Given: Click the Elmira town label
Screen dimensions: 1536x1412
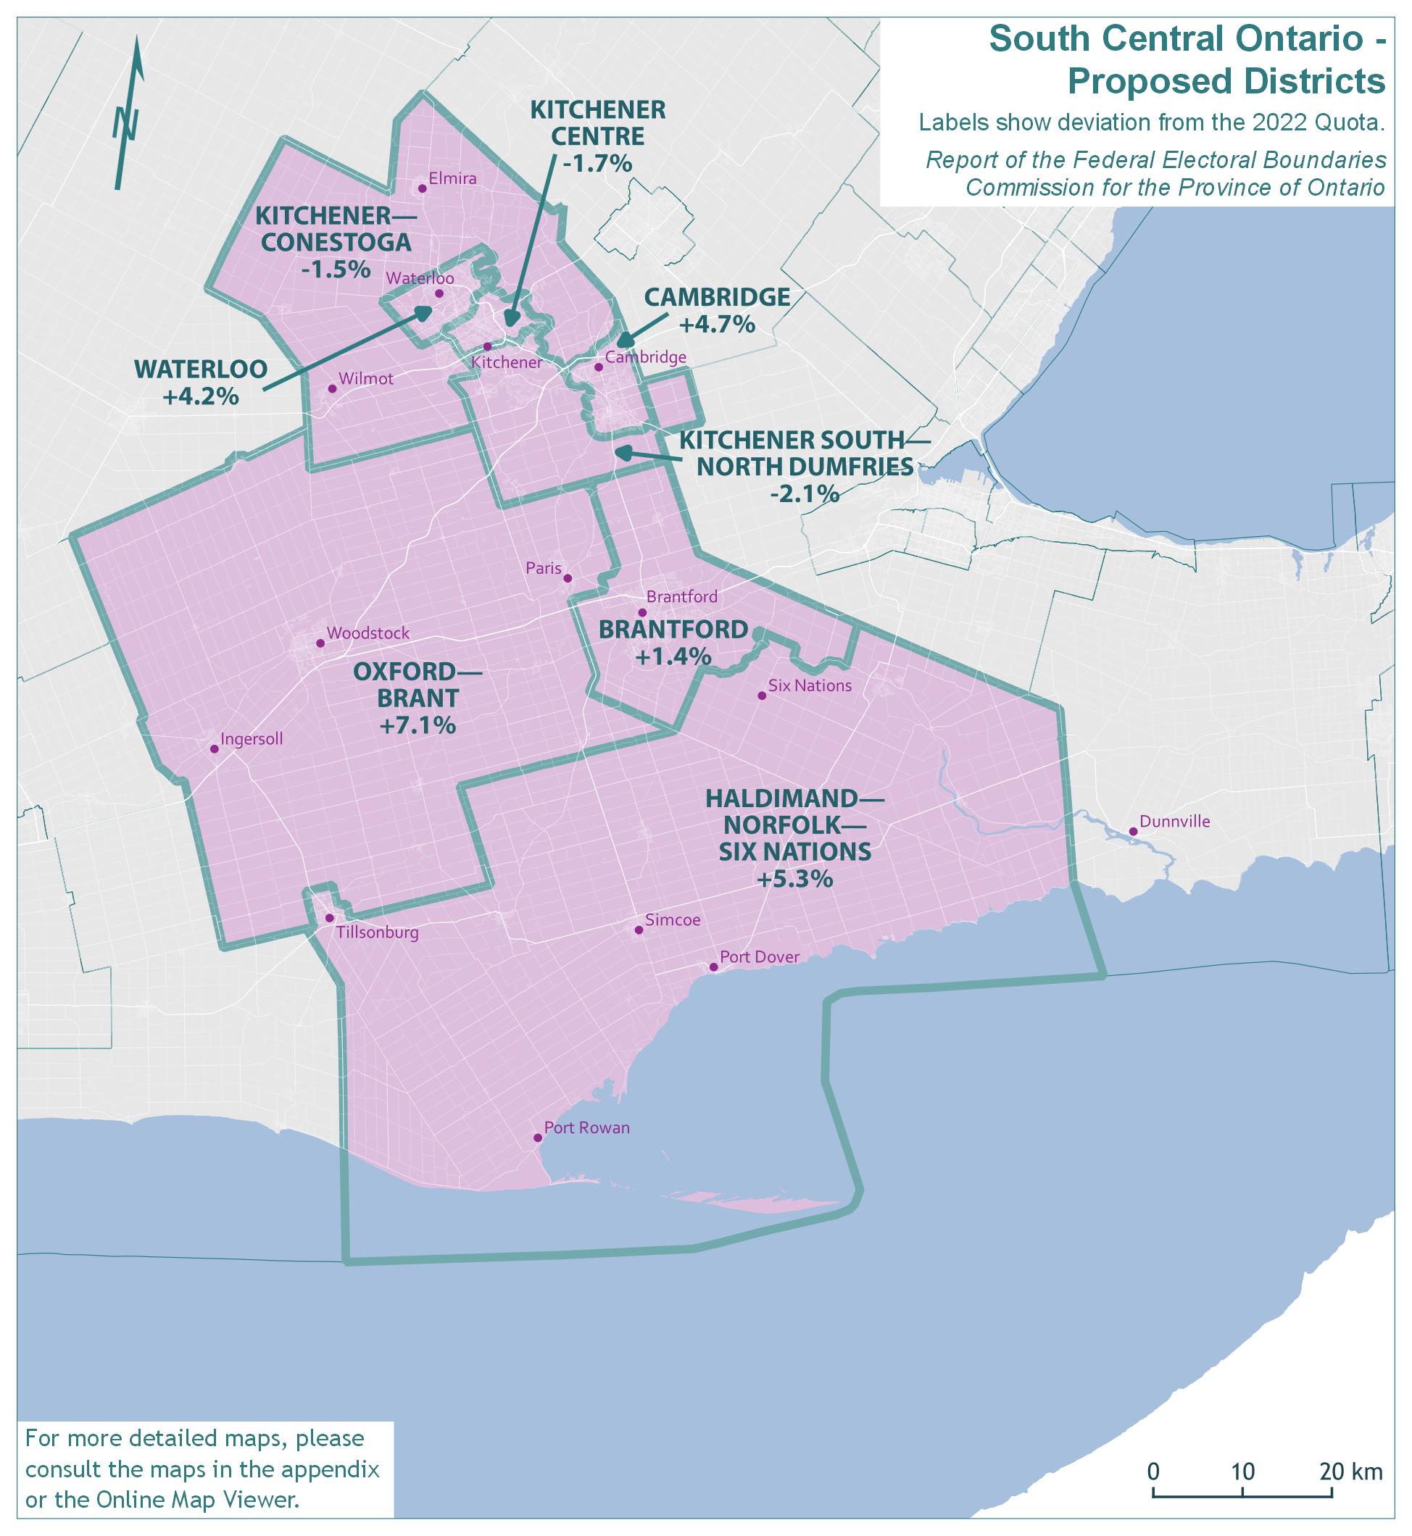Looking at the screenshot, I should (x=452, y=180).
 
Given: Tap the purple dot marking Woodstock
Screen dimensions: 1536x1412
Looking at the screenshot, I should (x=321, y=643).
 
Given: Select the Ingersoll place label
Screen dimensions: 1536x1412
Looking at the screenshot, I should (x=252, y=739).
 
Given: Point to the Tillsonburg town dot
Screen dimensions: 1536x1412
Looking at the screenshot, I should (x=329, y=918).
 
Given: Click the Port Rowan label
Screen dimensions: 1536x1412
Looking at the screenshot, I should (x=587, y=1127).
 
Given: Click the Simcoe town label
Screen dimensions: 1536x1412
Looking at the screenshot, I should (x=673, y=920).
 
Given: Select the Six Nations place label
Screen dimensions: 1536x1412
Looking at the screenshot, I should (x=810, y=686).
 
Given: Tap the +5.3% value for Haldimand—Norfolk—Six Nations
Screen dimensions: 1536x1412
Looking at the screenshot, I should (x=794, y=879).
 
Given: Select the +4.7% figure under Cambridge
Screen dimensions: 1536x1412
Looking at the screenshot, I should (x=717, y=325).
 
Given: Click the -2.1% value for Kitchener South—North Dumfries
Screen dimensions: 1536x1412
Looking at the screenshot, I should (x=805, y=494).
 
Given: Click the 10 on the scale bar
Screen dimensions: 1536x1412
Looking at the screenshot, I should (x=1243, y=1471).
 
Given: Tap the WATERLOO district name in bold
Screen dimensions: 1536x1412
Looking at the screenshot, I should (x=201, y=370).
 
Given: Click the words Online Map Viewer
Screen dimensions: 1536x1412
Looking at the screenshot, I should (x=195, y=1500).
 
